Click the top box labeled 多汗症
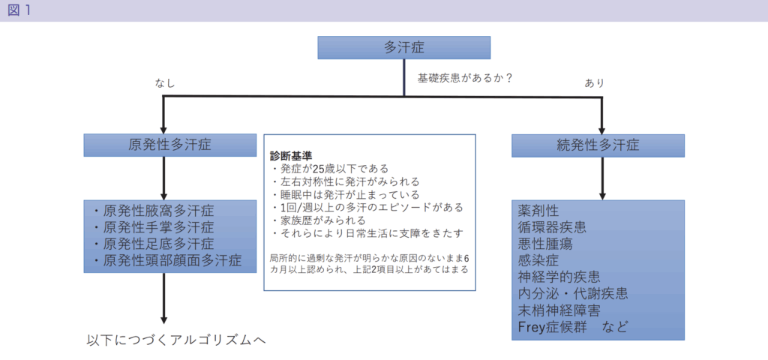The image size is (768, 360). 404,47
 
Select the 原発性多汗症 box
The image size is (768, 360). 170,145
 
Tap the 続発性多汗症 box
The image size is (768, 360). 598,145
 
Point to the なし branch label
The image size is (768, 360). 165,83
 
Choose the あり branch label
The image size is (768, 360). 594,83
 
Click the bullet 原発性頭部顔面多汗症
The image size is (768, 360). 167,260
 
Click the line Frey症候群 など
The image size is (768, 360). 572,326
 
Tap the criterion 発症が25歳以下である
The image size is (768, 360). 329,169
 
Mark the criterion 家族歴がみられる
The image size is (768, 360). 318,220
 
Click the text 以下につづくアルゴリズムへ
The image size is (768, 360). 175,340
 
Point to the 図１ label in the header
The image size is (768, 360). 19,10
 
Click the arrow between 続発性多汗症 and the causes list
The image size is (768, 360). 602,178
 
